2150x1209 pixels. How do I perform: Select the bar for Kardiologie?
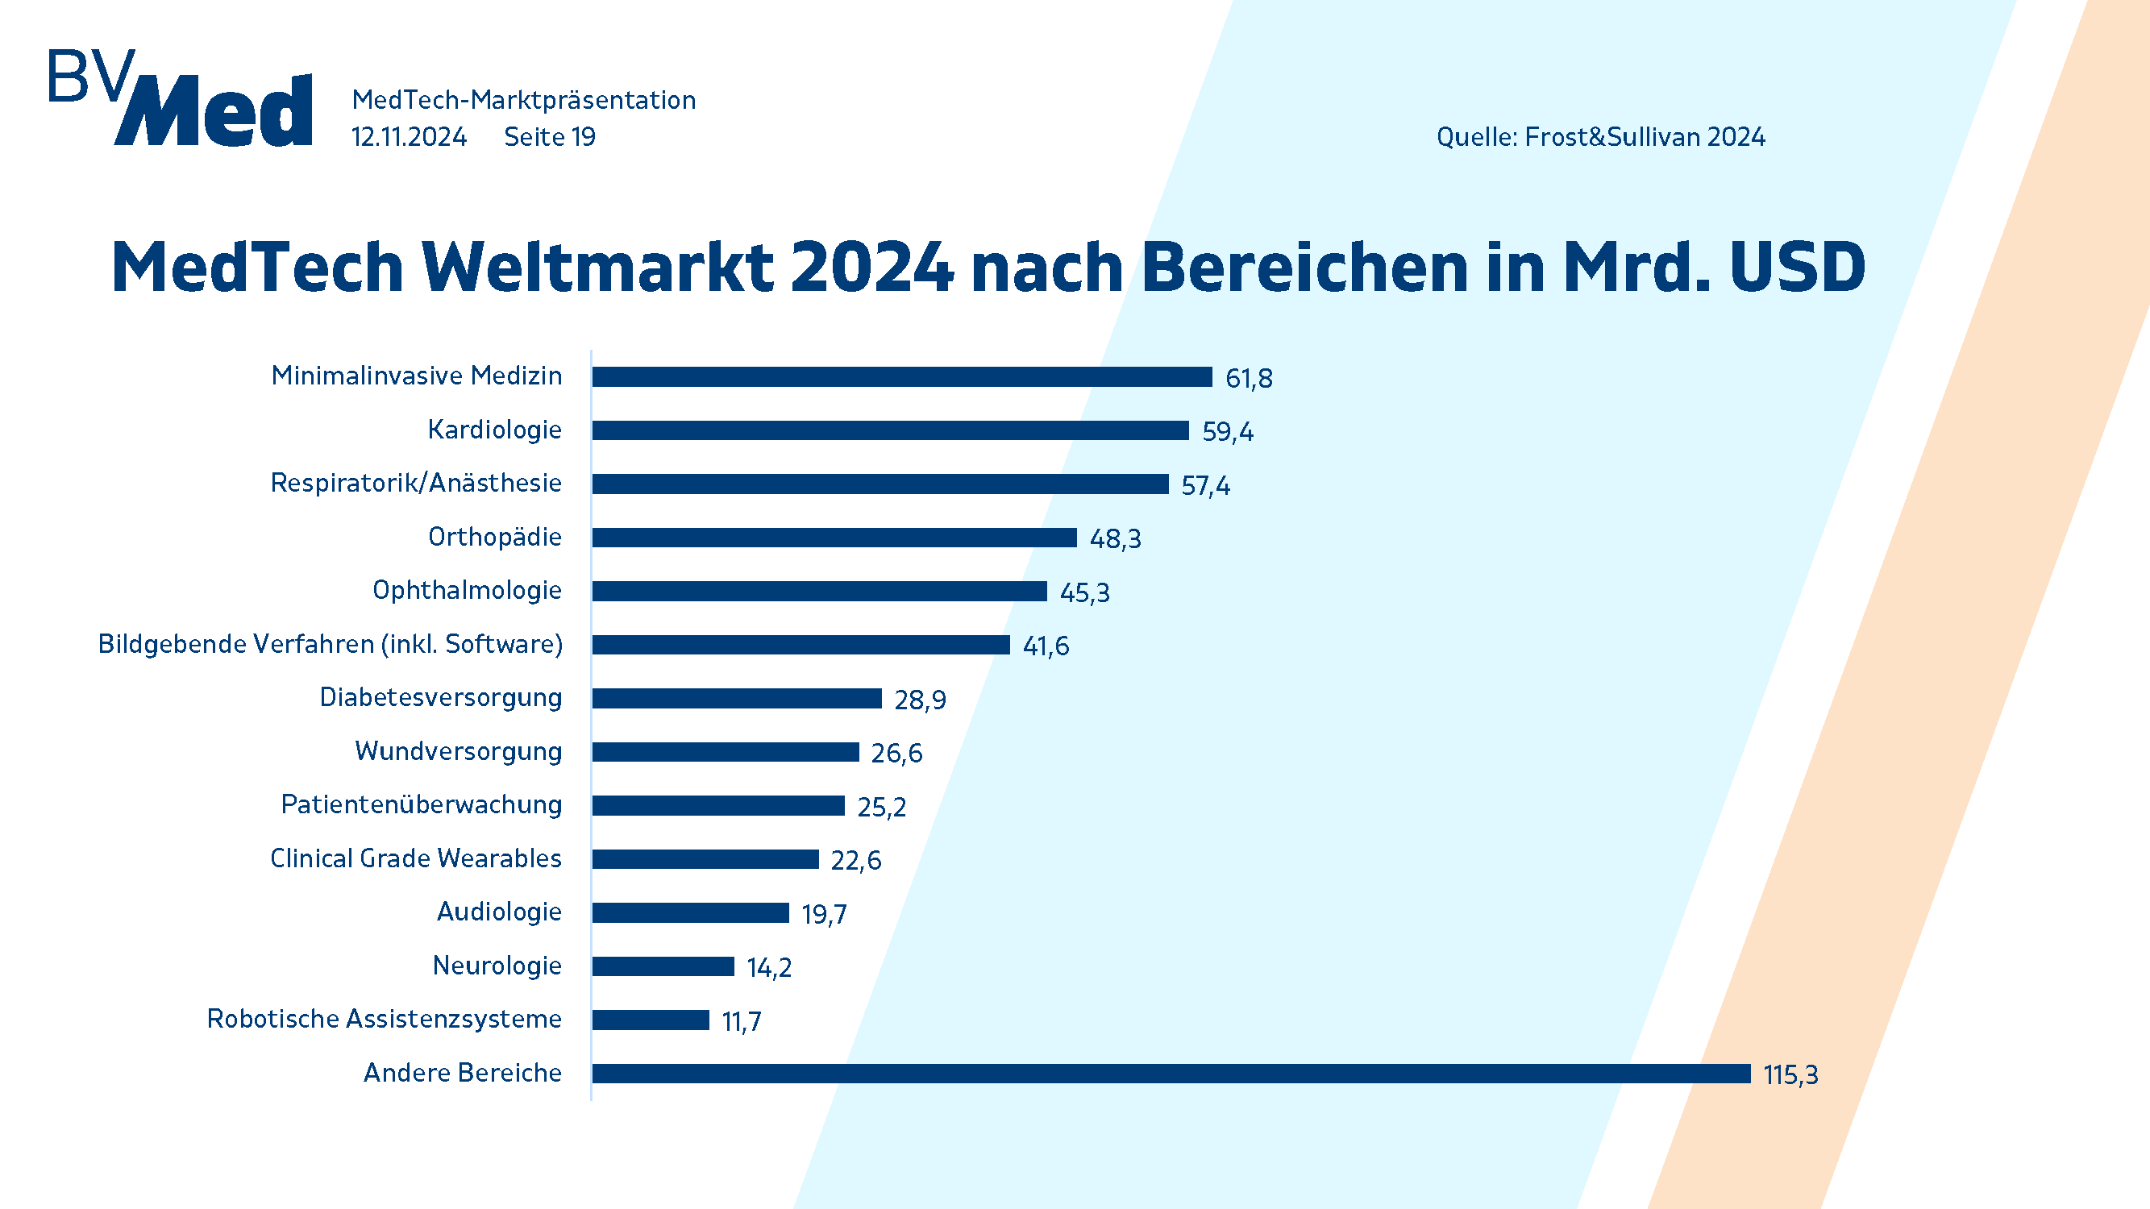tap(890, 430)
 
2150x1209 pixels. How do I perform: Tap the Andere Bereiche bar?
tap(1171, 1073)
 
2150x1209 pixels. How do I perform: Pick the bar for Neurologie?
tap(663, 966)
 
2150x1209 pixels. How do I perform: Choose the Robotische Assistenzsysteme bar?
tap(651, 1020)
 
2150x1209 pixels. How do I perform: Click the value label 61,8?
tap(1249, 379)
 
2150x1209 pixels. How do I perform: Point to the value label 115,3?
tap(1790, 1074)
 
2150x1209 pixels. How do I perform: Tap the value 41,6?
tap(1046, 646)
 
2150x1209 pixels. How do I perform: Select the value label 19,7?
tap(824, 915)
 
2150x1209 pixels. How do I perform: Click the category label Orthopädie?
tap(495, 537)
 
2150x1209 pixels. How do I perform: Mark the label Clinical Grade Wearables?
tap(416, 858)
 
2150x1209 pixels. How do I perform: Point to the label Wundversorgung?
tap(458, 751)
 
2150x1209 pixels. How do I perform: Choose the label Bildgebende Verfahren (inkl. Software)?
tap(331, 644)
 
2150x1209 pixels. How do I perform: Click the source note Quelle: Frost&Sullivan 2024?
tap(1600, 137)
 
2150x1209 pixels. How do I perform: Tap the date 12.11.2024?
tap(409, 137)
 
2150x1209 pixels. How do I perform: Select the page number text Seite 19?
tap(550, 137)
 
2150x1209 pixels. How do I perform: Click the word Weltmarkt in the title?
tap(597, 268)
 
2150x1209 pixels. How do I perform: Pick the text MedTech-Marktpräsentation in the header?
tap(523, 100)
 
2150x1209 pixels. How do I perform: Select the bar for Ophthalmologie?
tap(819, 591)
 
